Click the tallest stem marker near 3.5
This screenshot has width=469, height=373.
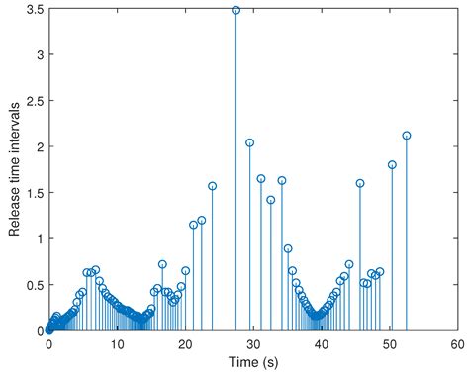coord(235,10)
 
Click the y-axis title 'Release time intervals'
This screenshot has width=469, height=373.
coord(15,170)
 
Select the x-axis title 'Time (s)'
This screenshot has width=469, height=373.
coord(252,361)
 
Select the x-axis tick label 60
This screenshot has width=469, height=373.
coord(456,343)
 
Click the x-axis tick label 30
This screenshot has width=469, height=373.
coord(252,343)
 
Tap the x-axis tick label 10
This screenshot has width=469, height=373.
coord(117,343)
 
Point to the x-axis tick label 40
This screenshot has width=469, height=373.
coord(321,343)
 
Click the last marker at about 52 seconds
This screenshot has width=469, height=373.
coord(407,136)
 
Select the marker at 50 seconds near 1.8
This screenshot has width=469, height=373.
coord(392,165)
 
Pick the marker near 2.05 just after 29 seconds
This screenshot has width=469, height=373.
coord(249,142)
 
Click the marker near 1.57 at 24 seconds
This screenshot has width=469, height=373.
coord(212,186)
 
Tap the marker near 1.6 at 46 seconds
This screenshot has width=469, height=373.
coord(360,183)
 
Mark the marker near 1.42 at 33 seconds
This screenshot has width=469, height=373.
coord(270,200)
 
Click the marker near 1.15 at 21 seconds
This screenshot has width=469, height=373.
coord(193,225)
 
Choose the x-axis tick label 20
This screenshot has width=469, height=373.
coord(185,343)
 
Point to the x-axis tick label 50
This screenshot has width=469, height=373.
coord(389,343)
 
